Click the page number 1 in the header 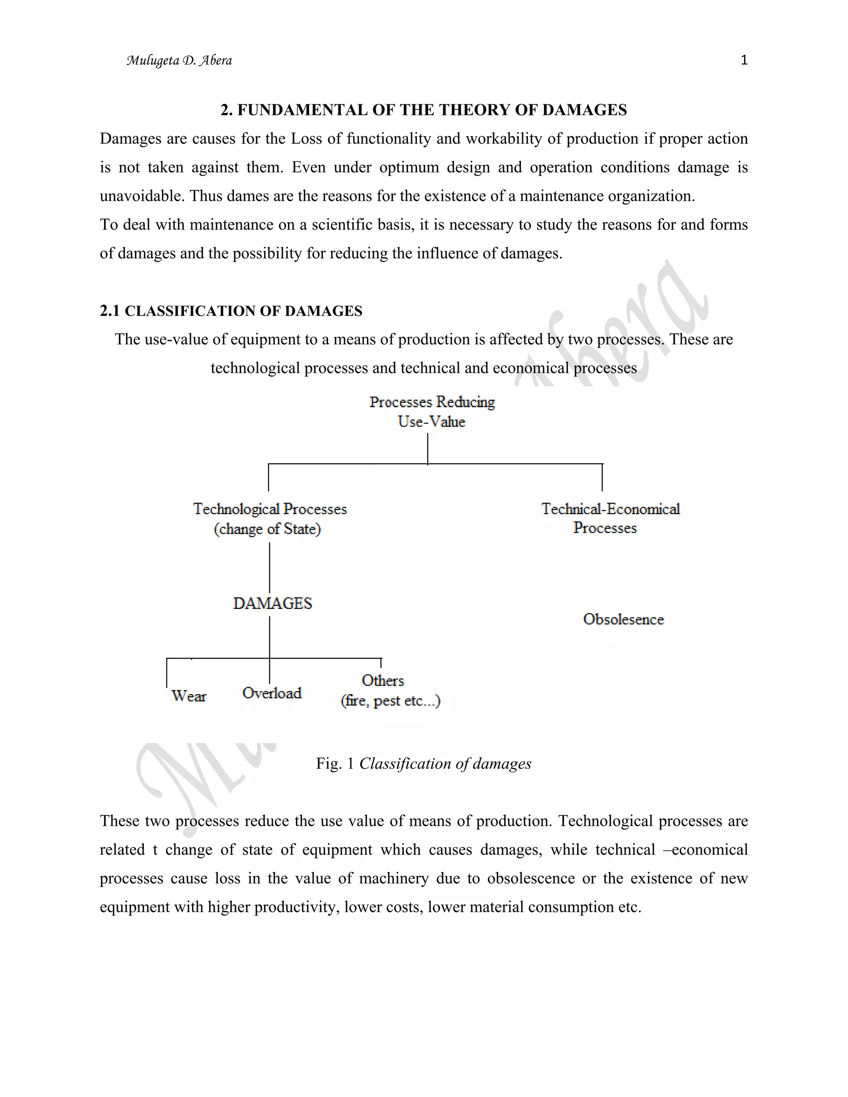744,61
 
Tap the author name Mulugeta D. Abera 179,61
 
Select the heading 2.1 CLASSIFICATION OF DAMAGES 231,311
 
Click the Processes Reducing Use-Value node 432,411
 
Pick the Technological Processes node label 270,509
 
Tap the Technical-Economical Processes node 610,518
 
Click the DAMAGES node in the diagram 272,603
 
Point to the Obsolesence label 623,619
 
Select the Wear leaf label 188,696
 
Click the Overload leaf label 272,693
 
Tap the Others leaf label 383,681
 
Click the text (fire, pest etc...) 390,701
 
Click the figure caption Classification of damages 445,763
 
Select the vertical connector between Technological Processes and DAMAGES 270,568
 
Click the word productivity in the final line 296,907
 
